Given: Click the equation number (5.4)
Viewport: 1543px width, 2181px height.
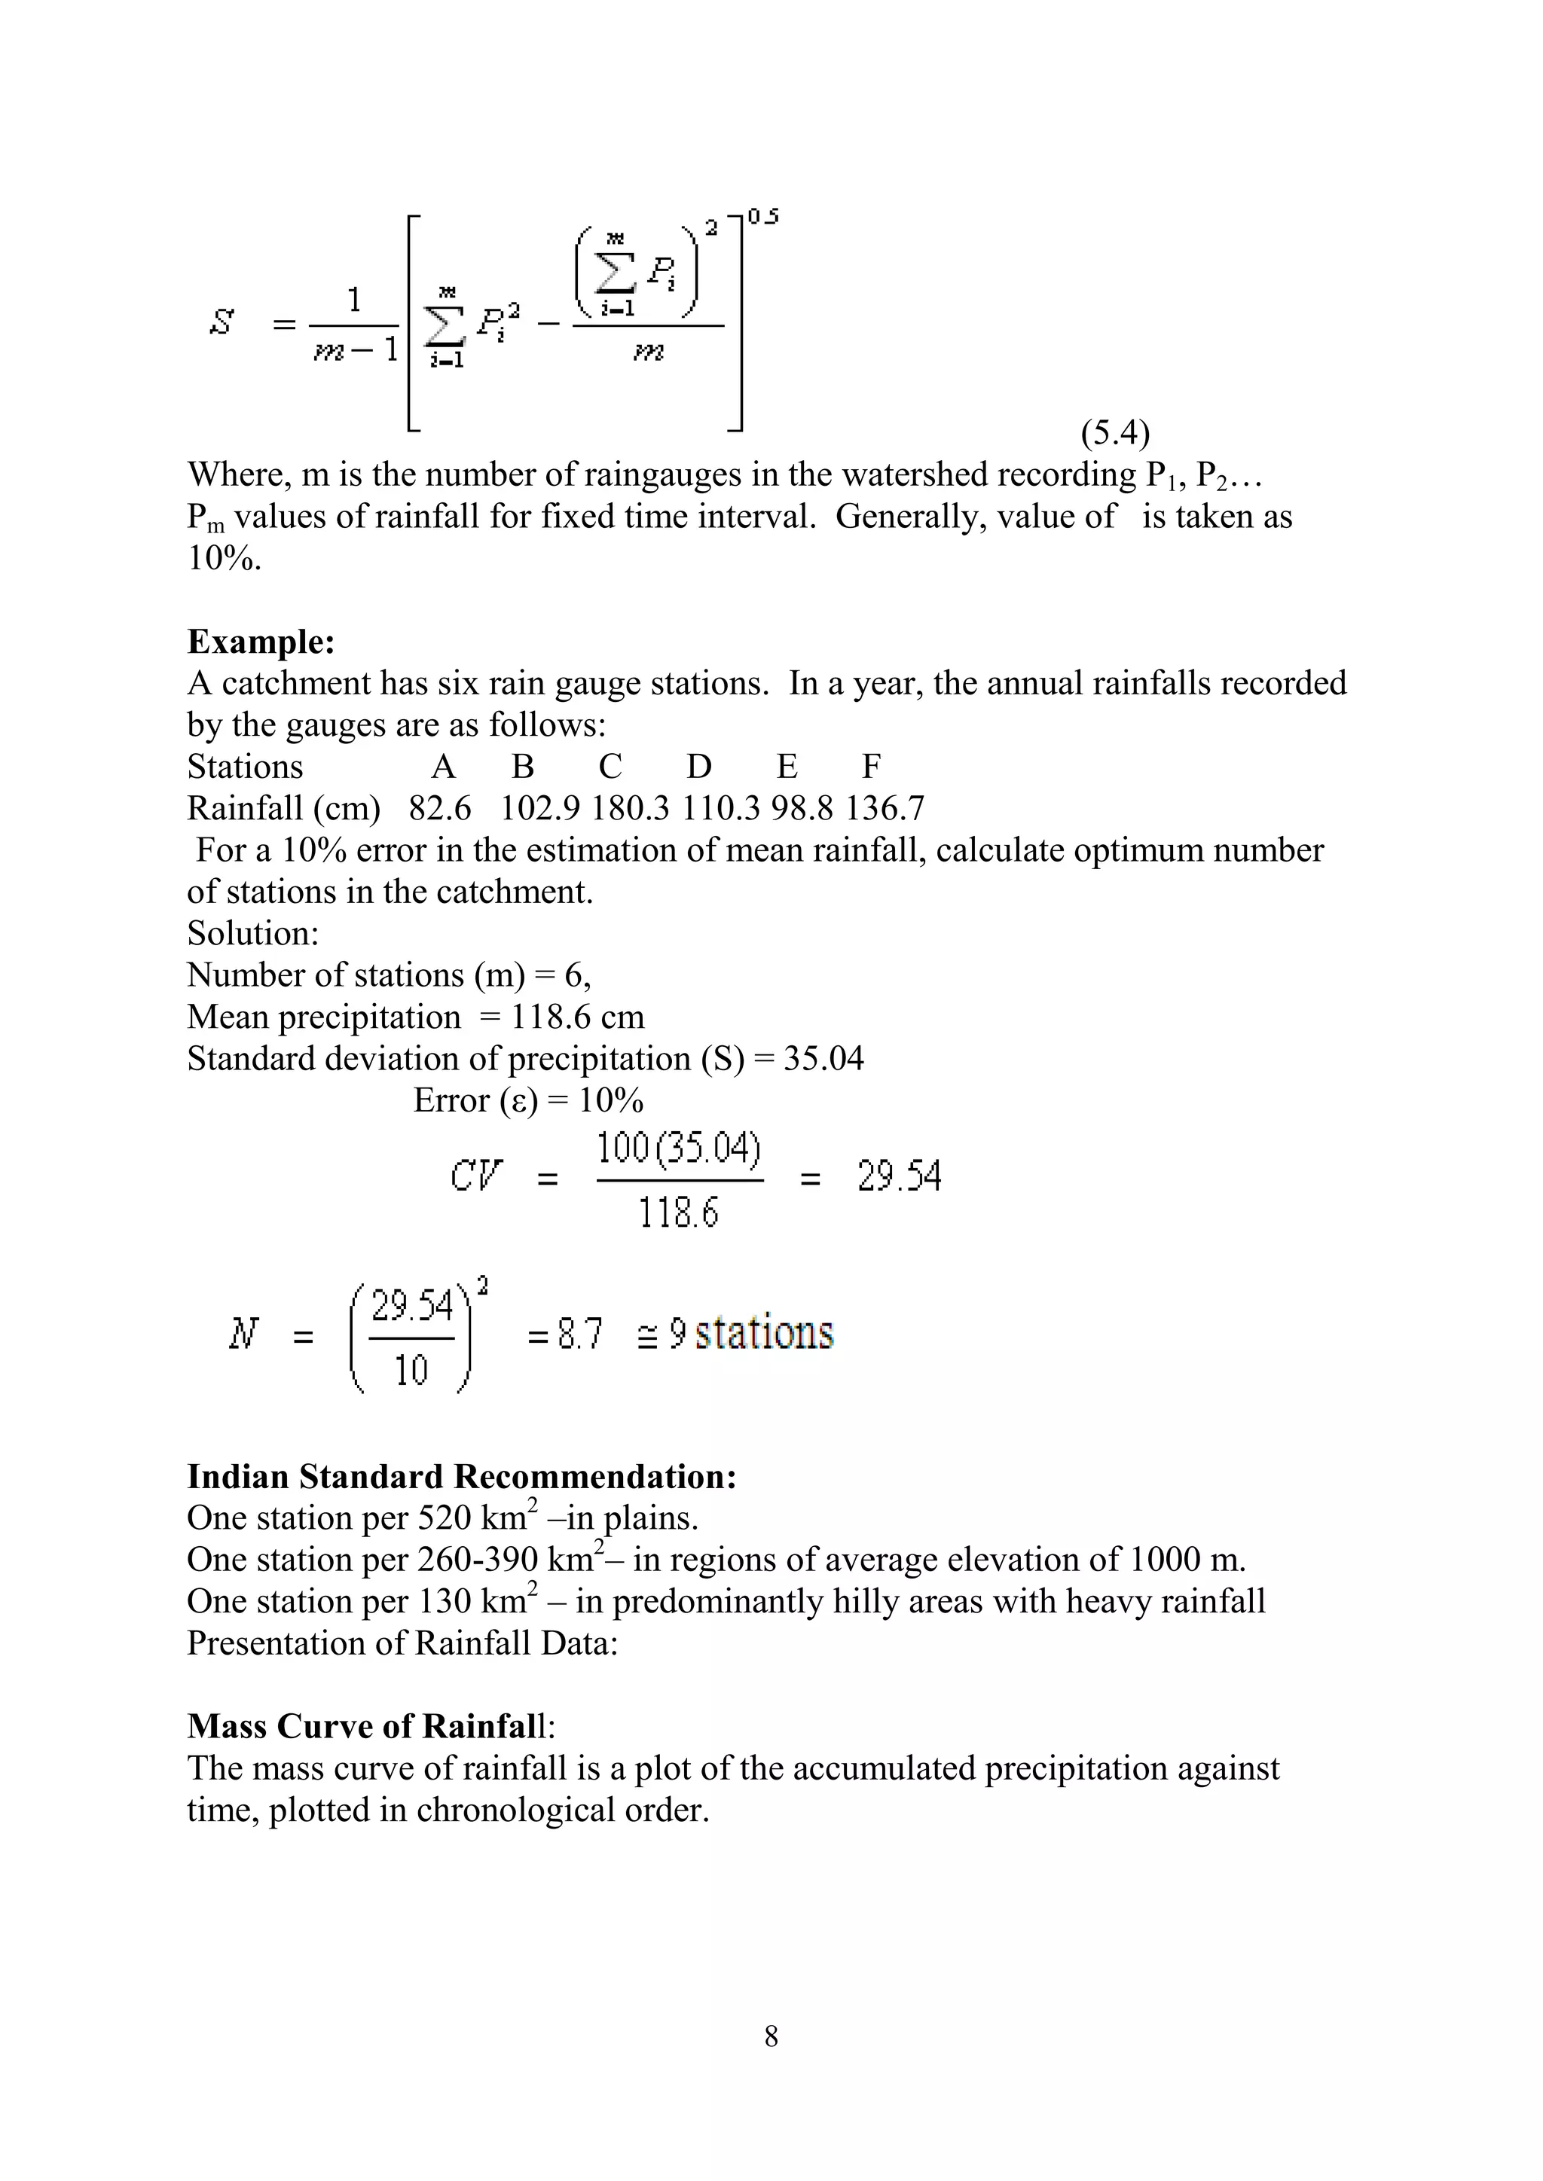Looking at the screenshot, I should click(1114, 433).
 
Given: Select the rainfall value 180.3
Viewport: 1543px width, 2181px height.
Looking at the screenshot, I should click(630, 808).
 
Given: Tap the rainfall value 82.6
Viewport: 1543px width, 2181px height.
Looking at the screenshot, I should click(440, 808).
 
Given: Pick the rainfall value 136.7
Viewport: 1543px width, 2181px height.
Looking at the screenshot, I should click(885, 808).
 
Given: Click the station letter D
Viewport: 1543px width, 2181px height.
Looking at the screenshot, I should click(699, 767).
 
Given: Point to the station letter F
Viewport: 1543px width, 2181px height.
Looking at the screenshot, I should click(871, 767).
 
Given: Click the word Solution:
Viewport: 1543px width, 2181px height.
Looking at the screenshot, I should click(252, 933).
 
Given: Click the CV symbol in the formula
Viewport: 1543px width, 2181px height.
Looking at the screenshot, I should click(476, 1176).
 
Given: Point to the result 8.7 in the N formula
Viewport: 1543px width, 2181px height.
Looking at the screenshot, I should click(579, 1335).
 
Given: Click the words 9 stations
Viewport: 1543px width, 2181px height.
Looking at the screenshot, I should click(750, 1333).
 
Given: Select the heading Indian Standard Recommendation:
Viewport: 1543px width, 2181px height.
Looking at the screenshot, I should click(462, 1476).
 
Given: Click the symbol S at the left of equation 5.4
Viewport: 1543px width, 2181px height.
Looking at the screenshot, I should click(222, 323).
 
